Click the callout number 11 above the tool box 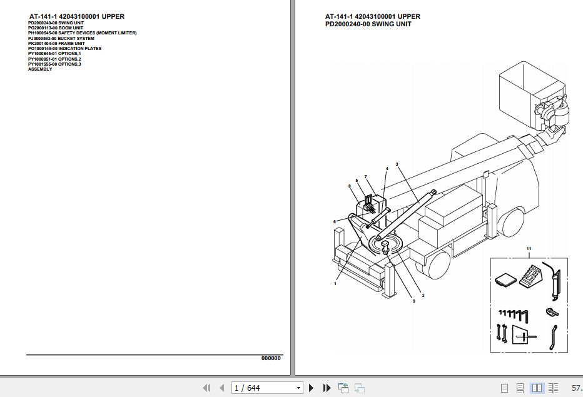[x=529, y=249]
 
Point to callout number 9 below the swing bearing [x=413, y=301]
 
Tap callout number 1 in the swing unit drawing [x=335, y=284]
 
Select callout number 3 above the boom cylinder [x=397, y=164]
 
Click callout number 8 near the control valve [x=350, y=186]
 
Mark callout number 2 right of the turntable [x=423, y=295]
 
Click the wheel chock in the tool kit [x=533, y=275]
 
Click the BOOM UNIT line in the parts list [x=56, y=28]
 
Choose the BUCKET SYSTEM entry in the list [x=61, y=38]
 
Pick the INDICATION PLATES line [x=64, y=48]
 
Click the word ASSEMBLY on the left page [x=40, y=69]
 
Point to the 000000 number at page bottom [x=271, y=358]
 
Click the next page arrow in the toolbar [x=311, y=388]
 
